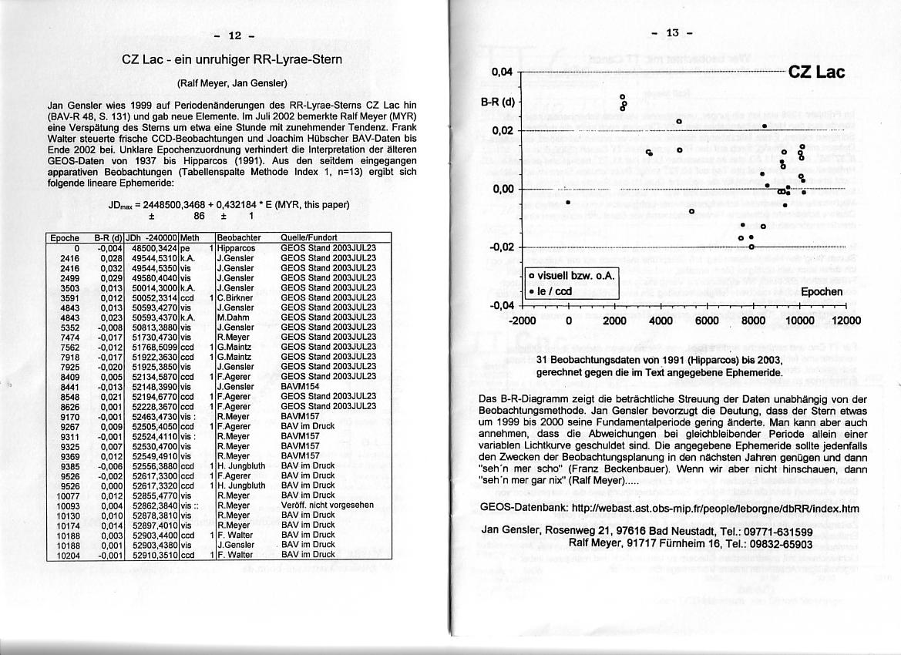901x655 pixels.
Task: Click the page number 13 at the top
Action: (673, 32)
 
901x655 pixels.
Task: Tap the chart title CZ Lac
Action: (816, 73)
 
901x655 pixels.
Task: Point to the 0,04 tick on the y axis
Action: (502, 72)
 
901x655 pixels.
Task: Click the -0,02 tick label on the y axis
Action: (500, 247)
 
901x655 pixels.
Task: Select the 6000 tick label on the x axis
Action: (707, 321)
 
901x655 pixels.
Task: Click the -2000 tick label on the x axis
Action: (523, 321)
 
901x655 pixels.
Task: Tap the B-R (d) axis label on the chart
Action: (498, 101)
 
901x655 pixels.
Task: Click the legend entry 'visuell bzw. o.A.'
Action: (574, 275)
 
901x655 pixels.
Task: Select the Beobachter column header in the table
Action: (239, 238)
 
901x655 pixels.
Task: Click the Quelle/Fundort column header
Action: (309, 238)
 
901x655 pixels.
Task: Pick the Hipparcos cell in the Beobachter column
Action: (236, 249)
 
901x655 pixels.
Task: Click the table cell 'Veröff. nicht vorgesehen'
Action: (327, 505)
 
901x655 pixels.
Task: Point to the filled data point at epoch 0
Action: (568, 203)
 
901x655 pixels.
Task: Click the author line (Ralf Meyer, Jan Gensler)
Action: (232, 82)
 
